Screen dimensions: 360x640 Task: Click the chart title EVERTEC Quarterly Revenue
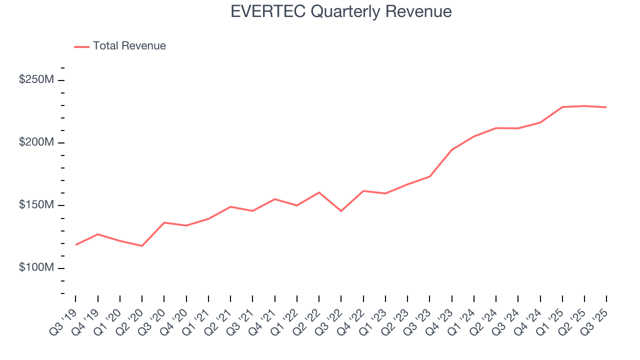341,11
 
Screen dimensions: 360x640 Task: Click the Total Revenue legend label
129,46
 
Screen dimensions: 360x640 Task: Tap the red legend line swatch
81,46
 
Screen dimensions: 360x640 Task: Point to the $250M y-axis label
35,80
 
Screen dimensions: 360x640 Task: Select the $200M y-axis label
35,142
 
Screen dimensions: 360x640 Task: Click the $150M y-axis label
35,205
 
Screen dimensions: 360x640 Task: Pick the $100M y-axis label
35,268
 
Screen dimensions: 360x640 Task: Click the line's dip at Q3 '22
341,211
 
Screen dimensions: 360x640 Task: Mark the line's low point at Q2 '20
142,246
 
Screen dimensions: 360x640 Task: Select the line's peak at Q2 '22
319,192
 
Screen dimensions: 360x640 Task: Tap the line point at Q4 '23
451,149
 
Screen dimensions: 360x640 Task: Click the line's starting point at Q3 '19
76,244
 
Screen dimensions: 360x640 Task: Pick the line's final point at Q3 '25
606,107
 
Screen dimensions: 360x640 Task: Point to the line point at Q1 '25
562,107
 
